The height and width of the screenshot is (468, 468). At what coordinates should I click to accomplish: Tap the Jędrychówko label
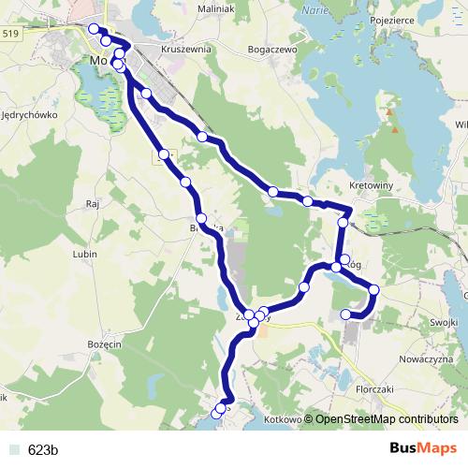(x=31, y=115)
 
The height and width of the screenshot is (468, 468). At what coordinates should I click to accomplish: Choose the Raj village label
(x=92, y=202)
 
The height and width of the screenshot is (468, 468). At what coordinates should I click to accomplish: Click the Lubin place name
(x=85, y=254)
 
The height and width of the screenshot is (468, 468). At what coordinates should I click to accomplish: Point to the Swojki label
(x=446, y=322)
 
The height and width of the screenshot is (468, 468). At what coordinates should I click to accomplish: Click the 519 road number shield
(x=10, y=33)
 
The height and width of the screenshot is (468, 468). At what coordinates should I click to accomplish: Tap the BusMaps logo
(x=423, y=448)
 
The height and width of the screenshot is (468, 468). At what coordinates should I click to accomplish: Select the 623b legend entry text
(x=43, y=449)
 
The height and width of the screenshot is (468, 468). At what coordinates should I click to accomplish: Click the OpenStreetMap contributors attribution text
(x=386, y=419)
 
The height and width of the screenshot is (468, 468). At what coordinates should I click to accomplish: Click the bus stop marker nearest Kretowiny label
(x=344, y=223)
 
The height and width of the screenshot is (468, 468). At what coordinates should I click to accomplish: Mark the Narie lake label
(x=316, y=11)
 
